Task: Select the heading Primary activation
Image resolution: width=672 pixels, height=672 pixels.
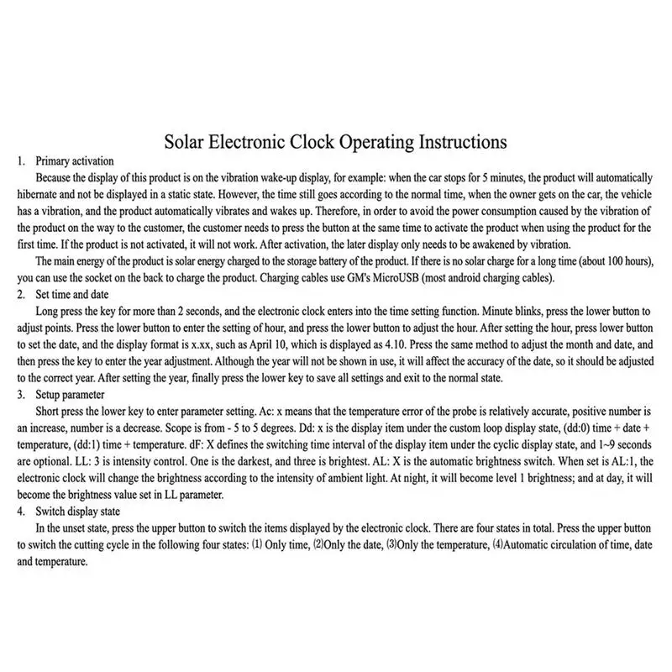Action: [x=75, y=160]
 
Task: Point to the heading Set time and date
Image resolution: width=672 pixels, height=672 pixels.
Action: [x=76, y=295]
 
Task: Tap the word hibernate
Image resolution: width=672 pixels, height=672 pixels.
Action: [x=39, y=193]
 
